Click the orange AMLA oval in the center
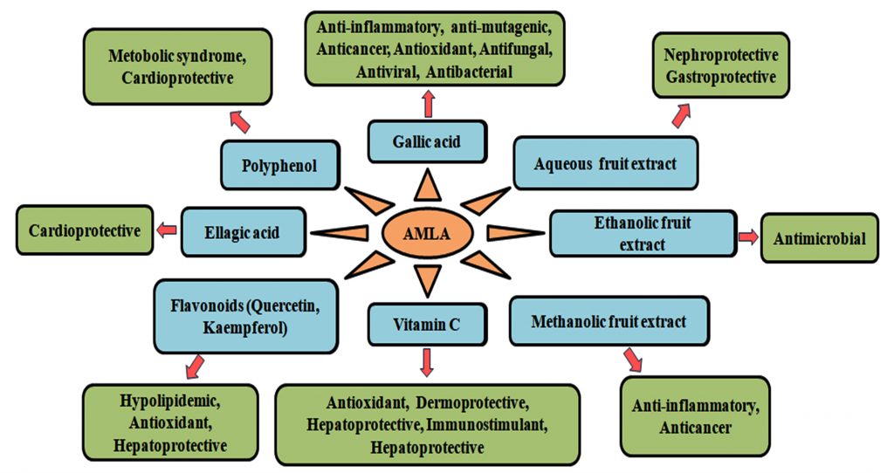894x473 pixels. (428, 232)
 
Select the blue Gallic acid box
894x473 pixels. (427, 141)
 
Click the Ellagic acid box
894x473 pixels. (244, 231)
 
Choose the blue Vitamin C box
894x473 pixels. (426, 325)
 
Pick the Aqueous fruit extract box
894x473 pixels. (605, 163)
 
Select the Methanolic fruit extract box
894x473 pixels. (609, 321)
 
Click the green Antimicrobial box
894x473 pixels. (819, 237)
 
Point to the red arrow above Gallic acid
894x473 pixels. (427, 104)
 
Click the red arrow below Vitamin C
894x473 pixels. (426, 361)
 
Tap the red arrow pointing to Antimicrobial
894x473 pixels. (748, 236)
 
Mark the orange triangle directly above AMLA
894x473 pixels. (427, 185)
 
